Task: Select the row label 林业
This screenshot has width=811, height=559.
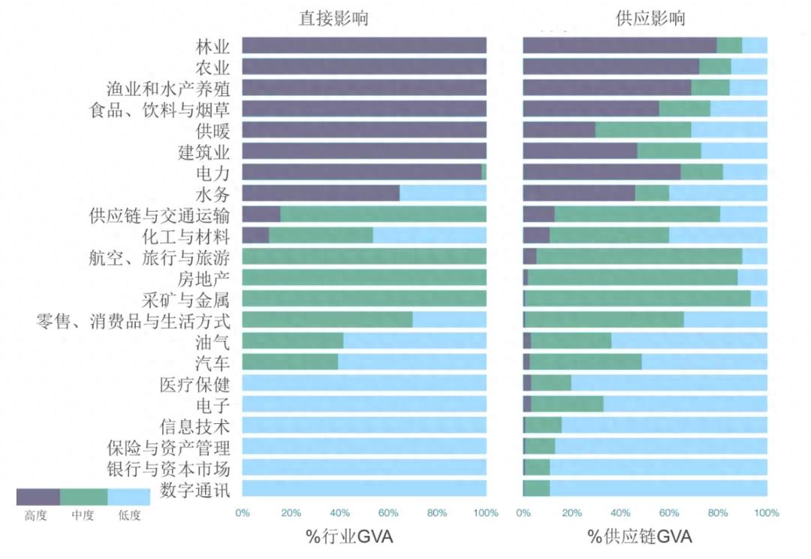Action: [x=213, y=46]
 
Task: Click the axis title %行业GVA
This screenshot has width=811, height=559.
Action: [x=348, y=537]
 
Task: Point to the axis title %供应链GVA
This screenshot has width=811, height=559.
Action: [x=640, y=537]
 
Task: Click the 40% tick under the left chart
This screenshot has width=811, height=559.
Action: [x=339, y=513]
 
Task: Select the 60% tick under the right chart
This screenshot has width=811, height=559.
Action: [x=669, y=513]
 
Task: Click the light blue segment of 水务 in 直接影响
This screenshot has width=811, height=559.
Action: [x=443, y=194]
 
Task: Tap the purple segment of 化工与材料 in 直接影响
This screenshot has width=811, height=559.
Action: [x=255, y=236]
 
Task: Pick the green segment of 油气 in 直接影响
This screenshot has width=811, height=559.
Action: [x=293, y=341]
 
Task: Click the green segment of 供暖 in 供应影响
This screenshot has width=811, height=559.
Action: [x=643, y=131]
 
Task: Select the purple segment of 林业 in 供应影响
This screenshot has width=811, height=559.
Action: [x=620, y=46]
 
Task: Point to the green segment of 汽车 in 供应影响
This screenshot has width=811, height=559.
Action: [x=586, y=362]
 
